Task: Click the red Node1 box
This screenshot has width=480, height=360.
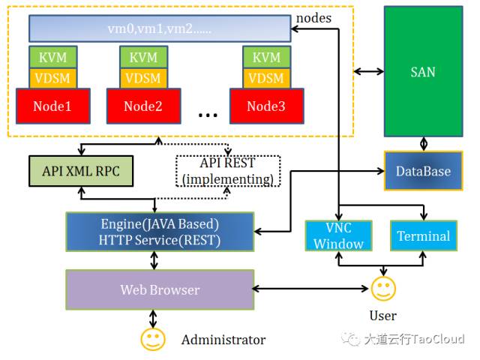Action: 53,106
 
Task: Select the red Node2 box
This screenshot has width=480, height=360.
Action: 143,106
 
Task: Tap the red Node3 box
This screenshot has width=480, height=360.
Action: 267,106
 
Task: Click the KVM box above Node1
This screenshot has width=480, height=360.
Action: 53,57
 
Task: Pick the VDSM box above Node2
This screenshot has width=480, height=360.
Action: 143,78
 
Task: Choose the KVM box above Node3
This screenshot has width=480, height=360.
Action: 267,57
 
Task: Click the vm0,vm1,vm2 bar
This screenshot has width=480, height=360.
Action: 160,28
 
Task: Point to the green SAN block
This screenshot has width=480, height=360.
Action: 423,72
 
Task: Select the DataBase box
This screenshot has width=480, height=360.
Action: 423,171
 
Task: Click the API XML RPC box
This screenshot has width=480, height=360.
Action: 81,171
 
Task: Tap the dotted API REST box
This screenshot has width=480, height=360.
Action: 228,171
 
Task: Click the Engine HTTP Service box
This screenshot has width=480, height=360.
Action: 160,232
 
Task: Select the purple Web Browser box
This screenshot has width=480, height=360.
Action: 160,289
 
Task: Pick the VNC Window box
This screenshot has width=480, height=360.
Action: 338,235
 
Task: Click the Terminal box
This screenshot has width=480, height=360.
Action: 424,235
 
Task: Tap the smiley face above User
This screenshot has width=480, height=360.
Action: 383,289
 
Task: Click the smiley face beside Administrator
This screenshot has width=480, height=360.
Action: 153,339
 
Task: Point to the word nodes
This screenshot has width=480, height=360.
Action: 313,18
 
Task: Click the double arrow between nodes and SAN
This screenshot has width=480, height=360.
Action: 369,72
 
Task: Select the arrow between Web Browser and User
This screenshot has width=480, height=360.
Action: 310,288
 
